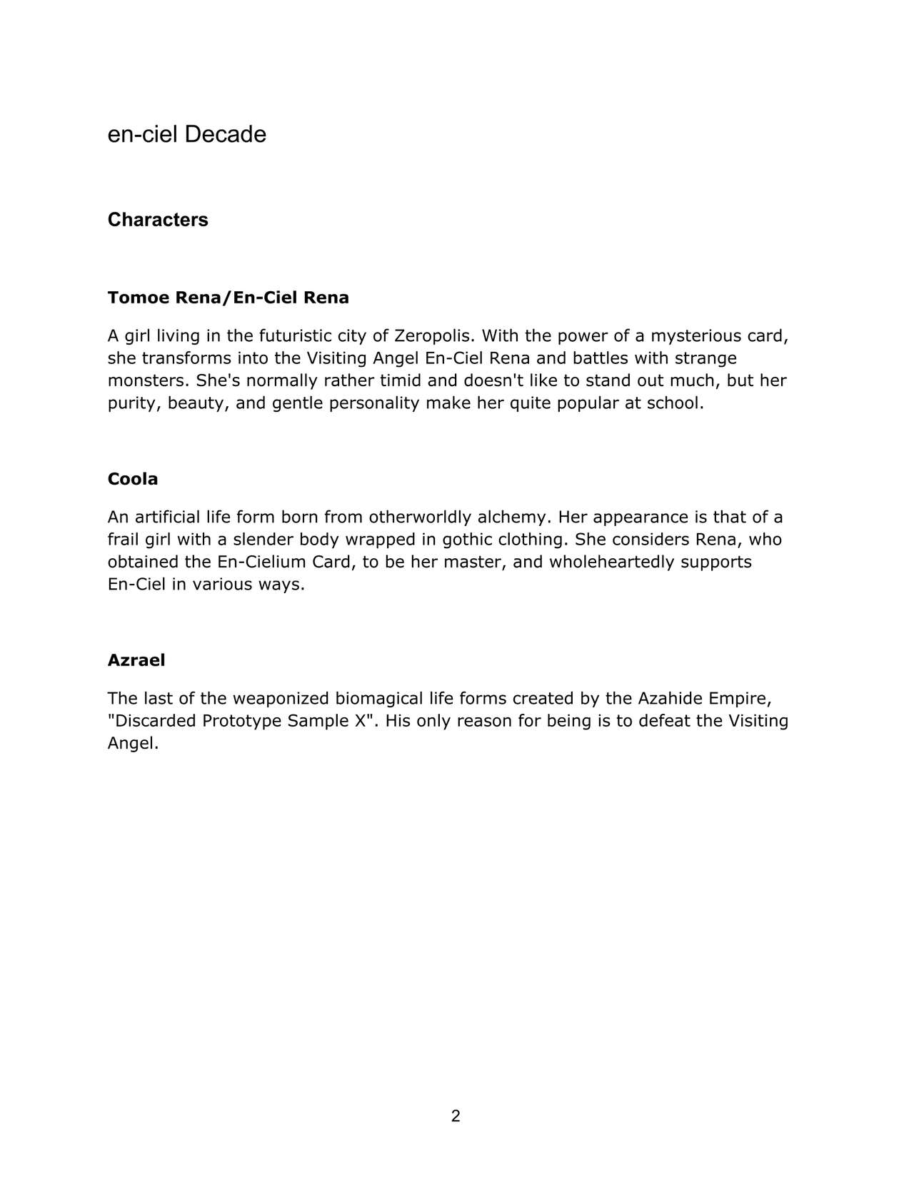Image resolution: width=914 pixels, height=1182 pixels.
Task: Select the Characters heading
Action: coord(158,220)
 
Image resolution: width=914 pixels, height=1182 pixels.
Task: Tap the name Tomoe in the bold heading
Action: coord(139,298)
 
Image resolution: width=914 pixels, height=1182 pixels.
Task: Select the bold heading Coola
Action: coord(133,479)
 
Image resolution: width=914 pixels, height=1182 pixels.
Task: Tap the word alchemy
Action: coord(511,517)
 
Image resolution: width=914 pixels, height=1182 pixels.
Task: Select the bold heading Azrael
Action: coord(136,660)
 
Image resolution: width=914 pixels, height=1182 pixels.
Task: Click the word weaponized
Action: coord(281,698)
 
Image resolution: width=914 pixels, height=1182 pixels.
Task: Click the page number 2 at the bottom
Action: coord(456,1116)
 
